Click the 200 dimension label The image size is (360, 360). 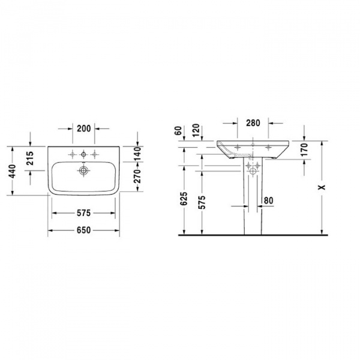83,128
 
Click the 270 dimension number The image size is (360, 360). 137,178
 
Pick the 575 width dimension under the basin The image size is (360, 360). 83,213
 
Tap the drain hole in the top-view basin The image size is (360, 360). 83,170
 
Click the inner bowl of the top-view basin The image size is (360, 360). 66,178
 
